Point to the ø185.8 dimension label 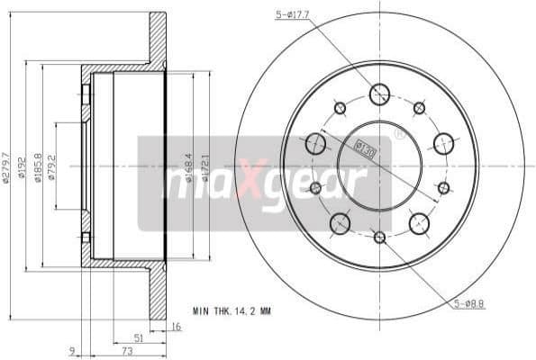[38, 166]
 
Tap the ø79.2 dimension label [52, 166]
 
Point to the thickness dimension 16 [176, 328]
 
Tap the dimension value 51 [138, 339]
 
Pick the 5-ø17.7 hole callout [293, 13]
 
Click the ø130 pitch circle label [364, 147]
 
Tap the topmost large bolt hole [379, 93]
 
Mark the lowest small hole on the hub [379, 238]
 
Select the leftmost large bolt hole [314, 143]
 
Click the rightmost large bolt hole [443, 143]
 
